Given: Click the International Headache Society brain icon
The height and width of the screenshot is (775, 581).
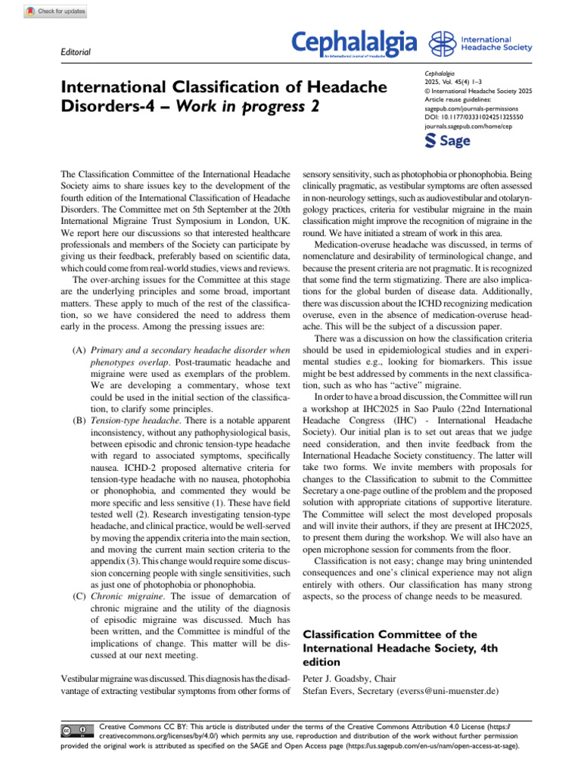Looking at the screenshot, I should (x=441, y=45).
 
